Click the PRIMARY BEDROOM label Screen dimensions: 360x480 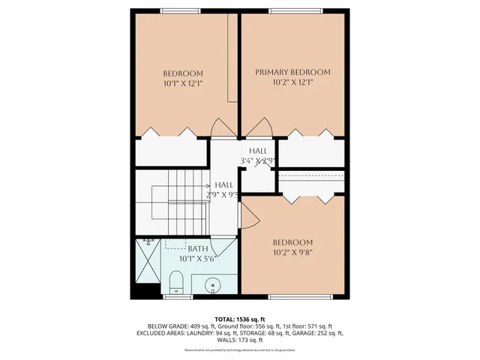point(292,72)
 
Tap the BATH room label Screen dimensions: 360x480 point(197,249)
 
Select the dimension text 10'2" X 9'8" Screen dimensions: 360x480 point(292,253)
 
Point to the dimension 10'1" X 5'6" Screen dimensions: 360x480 point(197,259)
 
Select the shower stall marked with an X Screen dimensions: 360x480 point(148,261)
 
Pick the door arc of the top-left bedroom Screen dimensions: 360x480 point(222,128)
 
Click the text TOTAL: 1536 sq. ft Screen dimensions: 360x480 point(239,319)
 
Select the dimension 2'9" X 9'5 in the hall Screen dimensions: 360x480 point(226,195)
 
